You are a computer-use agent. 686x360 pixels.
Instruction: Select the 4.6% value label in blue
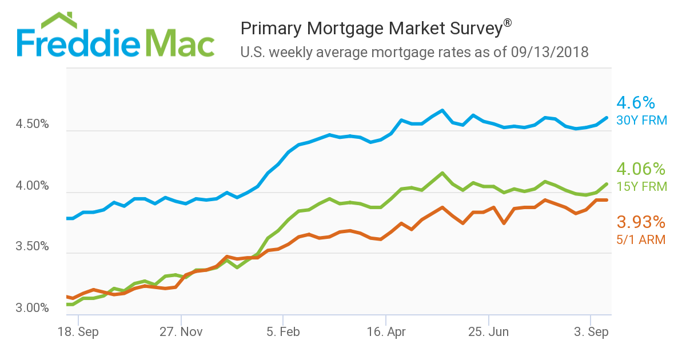[635, 103]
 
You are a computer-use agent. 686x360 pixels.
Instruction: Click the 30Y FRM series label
[641, 121]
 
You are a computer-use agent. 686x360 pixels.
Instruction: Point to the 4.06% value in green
[640, 169]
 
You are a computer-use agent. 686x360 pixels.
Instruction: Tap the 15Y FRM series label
[641, 187]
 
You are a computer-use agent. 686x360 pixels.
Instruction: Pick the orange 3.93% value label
[640, 222]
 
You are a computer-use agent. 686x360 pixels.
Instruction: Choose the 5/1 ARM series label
[640, 240]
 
